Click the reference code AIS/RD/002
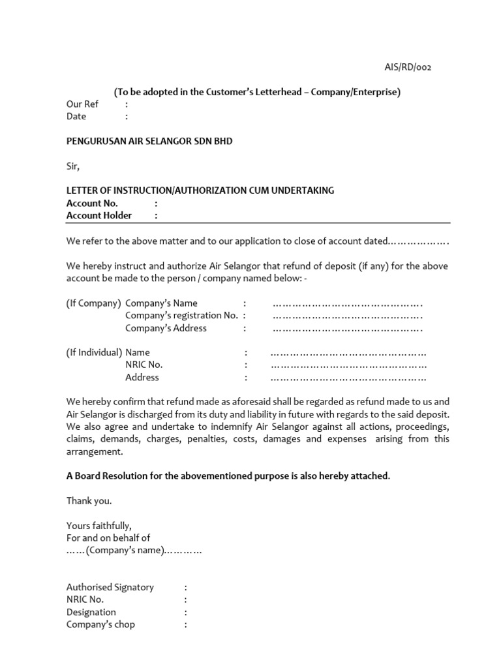[x=406, y=67]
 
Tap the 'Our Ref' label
[x=82, y=104]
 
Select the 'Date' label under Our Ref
[x=76, y=117]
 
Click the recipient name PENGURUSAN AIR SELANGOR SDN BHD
[x=149, y=141]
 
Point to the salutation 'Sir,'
[x=72, y=166]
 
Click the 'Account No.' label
[x=92, y=203]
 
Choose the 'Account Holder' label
[x=99, y=215]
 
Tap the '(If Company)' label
[x=94, y=303]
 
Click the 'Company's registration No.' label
[x=182, y=316]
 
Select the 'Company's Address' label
[x=166, y=328]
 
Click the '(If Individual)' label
[x=95, y=353]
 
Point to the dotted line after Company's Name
[x=348, y=304]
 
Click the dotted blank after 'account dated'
[x=418, y=241]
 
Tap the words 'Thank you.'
[x=89, y=501]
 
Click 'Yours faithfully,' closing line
[x=99, y=526]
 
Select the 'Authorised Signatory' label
[x=110, y=587]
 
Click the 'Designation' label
[x=91, y=612]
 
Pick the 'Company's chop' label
[x=100, y=624]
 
